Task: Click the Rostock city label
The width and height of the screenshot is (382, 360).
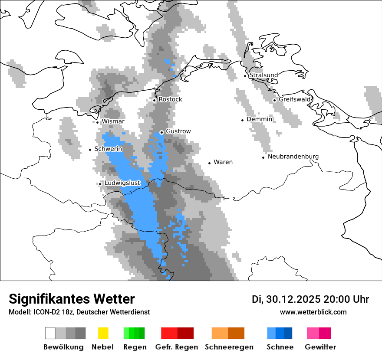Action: click(x=170, y=99)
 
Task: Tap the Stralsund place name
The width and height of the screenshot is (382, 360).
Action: click(x=263, y=75)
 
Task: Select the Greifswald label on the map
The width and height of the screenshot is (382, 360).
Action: click(x=295, y=99)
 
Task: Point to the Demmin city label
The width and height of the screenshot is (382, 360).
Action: click(x=259, y=119)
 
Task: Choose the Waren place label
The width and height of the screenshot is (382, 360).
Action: click(x=223, y=162)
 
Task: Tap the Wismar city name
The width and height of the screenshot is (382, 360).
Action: click(x=113, y=121)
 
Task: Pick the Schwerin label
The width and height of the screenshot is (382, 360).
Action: click(x=108, y=149)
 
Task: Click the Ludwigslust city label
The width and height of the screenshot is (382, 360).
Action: click(x=122, y=183)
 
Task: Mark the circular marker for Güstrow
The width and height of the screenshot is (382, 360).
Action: click(x=161, y=132)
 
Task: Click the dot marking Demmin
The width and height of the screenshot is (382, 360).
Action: click(x=243, y=120)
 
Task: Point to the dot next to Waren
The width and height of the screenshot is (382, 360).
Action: click(x=210, y=163)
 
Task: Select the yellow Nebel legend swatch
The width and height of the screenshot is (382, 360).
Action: click(x=103, y=333)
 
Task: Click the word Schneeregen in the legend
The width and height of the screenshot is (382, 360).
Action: click(x=229, y=347)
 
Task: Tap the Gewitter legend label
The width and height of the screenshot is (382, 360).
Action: click(x=320, y=347)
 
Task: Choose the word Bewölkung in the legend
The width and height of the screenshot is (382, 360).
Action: click(x=63, y=347)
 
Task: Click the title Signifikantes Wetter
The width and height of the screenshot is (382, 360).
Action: click(x=72, y=299)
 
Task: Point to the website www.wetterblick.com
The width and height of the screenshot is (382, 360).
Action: click(x=313, y=312)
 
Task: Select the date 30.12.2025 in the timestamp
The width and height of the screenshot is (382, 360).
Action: click(x=293, y=299)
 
